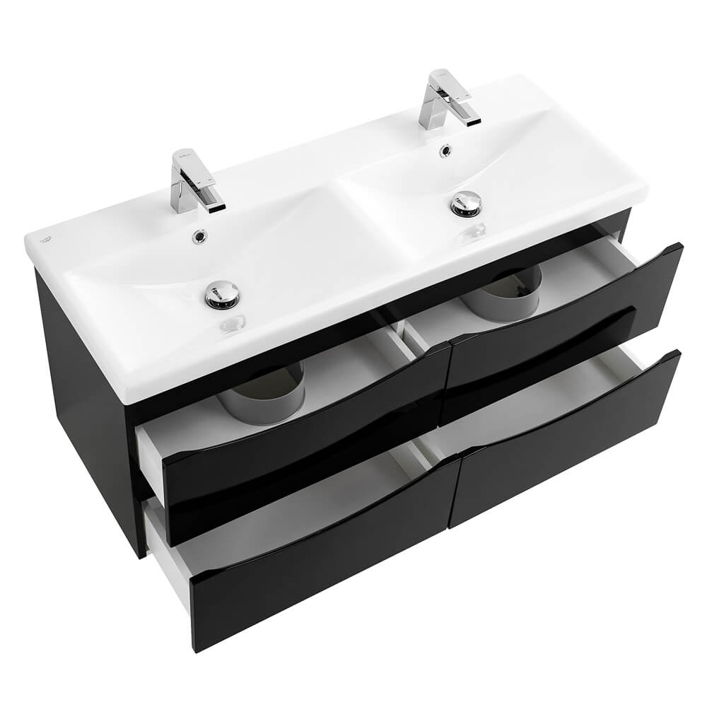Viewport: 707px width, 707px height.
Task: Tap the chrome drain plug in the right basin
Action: [466, 203]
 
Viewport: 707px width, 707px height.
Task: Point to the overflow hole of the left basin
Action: [199, 237]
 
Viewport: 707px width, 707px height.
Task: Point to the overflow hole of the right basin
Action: [445, 150]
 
